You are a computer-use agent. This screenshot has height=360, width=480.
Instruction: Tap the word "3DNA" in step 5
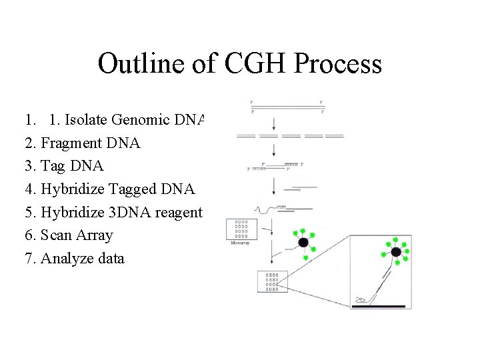tap(127, 212)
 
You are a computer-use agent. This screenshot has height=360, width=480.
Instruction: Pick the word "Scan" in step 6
tap(57, 235)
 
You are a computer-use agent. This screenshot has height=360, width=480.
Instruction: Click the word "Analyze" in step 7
tap(67, 259)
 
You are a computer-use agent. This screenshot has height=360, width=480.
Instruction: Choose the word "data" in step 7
tap(110, 259)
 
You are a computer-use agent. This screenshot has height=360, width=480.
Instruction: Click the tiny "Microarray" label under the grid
tap(240, 243)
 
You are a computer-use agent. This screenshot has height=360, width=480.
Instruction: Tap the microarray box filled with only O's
tap(242, 229)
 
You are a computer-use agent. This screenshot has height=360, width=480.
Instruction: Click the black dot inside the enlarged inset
tap(395, 251)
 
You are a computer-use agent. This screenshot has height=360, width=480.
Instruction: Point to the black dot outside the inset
tap(303, 243)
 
